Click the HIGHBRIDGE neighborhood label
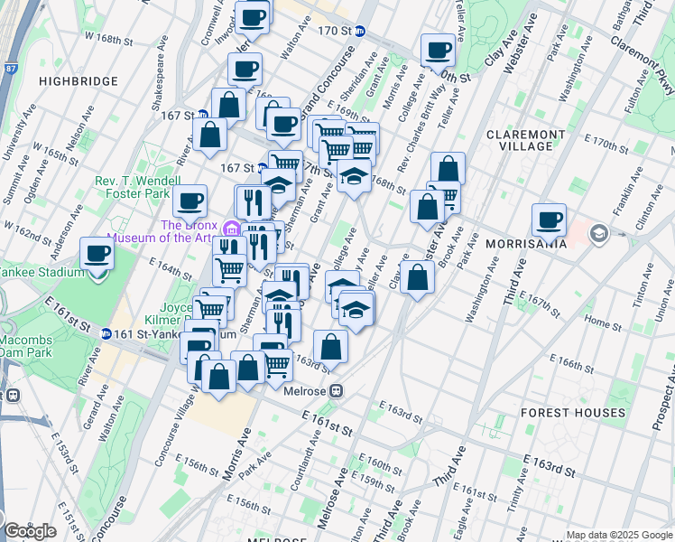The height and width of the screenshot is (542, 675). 79,81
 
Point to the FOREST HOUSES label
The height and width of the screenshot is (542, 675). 573,413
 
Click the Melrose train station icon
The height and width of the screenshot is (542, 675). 335,391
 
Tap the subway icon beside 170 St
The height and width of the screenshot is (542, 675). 360,31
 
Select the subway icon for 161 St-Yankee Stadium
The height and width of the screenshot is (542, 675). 106,333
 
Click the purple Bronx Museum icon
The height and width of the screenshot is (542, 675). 233,227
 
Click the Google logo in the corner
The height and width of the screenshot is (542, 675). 30,531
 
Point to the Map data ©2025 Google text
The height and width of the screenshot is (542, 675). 619,535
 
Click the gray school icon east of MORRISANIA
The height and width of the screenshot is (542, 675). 597,235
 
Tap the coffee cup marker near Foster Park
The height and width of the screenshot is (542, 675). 190,201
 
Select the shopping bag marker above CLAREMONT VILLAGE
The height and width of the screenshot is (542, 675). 448,168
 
